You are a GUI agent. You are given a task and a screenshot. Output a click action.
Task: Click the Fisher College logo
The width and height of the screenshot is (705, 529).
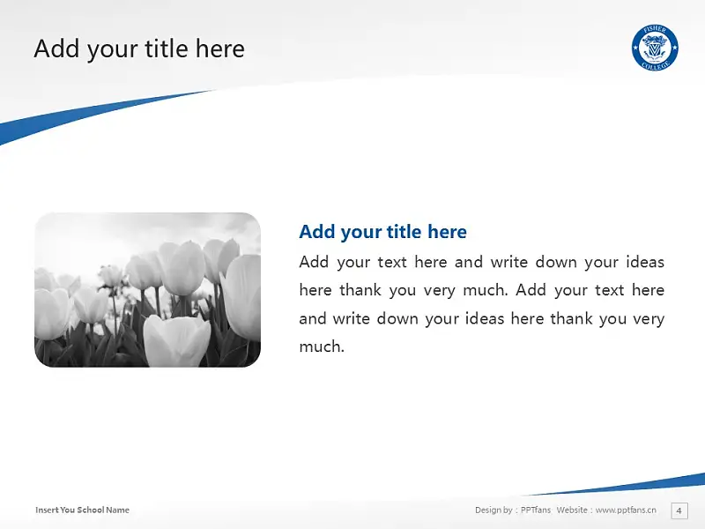point(655,48)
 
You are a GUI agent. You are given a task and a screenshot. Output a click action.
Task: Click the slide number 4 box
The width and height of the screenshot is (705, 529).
point(679,510)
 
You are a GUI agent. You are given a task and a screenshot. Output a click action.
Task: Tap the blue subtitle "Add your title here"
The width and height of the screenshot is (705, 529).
point(382,232)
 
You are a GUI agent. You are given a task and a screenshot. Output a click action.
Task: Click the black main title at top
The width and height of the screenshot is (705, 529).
point(139,48)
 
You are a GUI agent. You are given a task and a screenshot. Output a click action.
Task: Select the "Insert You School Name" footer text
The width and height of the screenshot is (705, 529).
point(82,510)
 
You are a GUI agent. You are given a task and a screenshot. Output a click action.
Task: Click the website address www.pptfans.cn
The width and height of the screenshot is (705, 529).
point(626,510)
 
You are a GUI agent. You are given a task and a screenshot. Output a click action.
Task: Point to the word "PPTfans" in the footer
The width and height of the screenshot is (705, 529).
point(536,510)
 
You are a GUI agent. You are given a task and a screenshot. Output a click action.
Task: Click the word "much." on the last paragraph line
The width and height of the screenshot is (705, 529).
point(322,346)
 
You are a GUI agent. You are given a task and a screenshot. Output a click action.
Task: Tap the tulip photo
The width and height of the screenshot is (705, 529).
point(147,290)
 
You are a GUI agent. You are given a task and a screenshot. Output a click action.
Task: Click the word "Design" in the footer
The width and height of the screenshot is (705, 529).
point(488,510)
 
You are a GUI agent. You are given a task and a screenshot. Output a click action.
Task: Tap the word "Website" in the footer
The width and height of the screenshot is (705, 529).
point(571,510)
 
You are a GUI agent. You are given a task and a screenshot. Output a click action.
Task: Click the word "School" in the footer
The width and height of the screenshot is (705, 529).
point(90,510)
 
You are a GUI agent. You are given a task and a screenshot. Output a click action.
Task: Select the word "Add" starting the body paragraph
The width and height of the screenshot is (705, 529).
point(314,262)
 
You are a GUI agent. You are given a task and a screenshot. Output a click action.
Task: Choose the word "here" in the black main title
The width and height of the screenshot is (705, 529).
point(219,48)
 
